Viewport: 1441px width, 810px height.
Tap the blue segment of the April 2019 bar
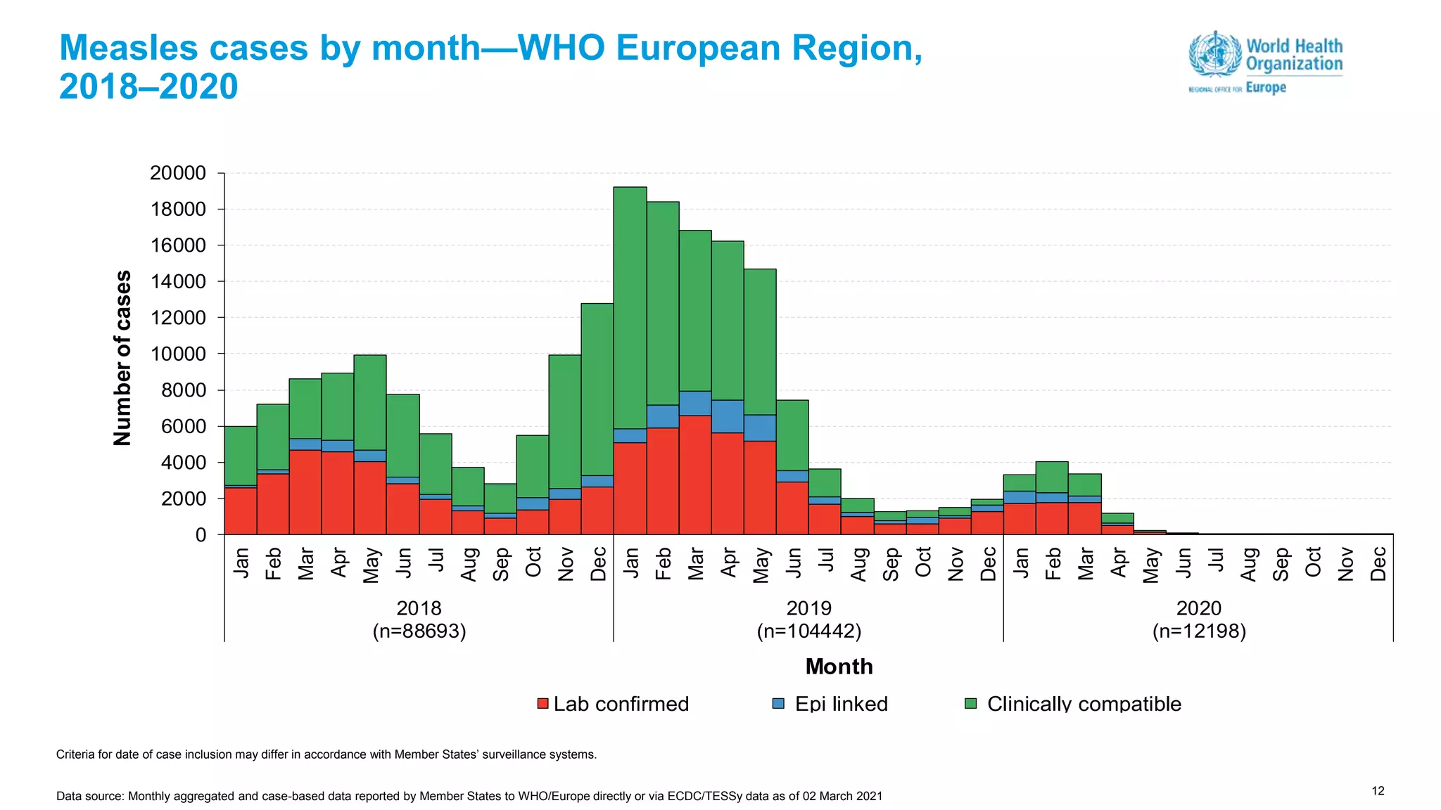(x=728, y=416)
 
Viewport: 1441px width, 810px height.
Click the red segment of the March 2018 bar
(x=305, y=492)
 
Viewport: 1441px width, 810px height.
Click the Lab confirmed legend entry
(x=613, y=704)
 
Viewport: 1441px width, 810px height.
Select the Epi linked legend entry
(x=830, y=704)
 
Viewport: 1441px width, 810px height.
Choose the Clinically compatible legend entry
(x=1073, y=704)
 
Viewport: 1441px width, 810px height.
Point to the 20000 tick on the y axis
(x=178, y=173)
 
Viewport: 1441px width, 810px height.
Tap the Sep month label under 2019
(x=891, y=564)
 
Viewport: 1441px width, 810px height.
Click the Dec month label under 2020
(x=1378, y=564)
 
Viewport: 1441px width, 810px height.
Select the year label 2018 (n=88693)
(x=419, y=619)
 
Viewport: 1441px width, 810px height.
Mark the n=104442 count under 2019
(x=809, y=631)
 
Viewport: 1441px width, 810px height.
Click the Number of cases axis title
(x=122, y=358)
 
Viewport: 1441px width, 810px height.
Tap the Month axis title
(x=839, y=667)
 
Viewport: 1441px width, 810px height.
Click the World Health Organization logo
(x=1265, y=62)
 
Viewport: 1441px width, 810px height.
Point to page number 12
(x=1378, y=791)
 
